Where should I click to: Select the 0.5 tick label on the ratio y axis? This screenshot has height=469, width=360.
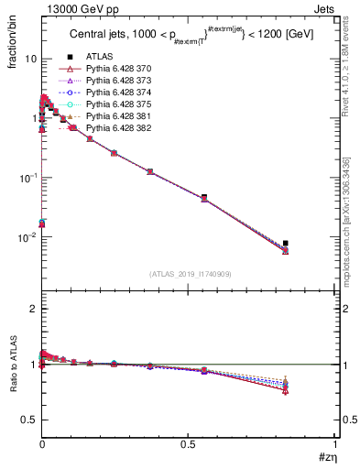coord(27,420)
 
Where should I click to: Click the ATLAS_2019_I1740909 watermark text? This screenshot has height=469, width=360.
coord(189,274)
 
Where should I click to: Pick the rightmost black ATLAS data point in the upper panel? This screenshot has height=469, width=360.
coord(286,243)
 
